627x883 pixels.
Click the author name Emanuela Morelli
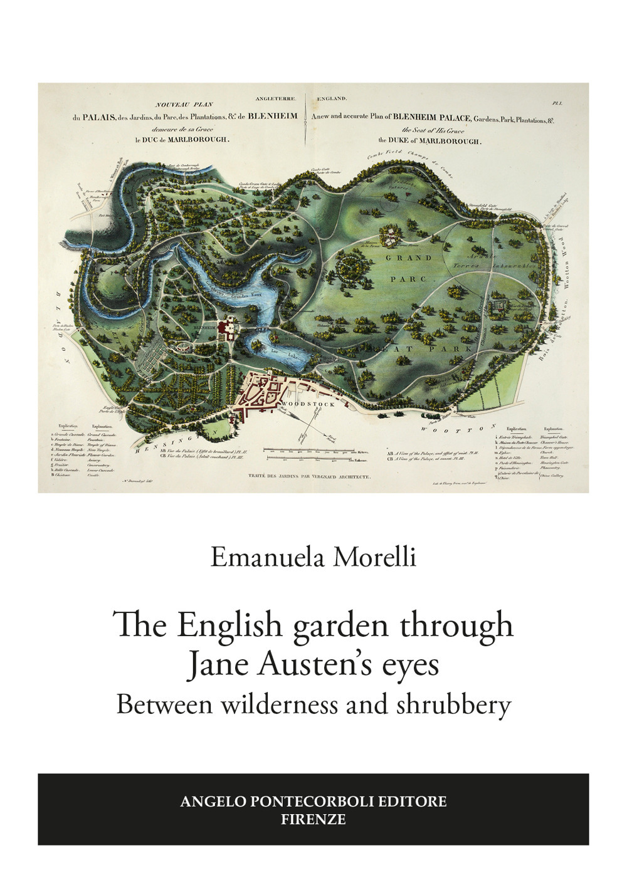tap(313, 556)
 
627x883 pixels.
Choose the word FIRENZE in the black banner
tap(313, 819)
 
